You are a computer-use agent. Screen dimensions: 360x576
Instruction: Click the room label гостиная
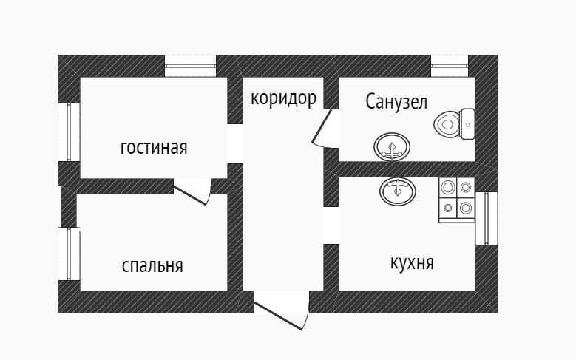click(154, 148)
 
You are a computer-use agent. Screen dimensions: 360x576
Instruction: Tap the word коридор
click(283, 98)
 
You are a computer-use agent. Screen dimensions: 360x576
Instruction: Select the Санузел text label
click(396, 103)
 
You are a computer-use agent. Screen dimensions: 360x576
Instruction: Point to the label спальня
click(152, 265)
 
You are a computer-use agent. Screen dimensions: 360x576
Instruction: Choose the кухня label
click(411, 262)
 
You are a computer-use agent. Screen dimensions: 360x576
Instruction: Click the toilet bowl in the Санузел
click(447, 124)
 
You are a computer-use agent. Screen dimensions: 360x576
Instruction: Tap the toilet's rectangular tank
click(467, 124)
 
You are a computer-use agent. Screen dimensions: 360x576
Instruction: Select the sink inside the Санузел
click(390, 147)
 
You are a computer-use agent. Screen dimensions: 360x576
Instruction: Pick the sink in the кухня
click(398, 191)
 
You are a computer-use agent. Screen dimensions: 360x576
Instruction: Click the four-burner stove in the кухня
click(456, 200)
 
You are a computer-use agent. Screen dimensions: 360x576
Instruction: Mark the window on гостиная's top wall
click(190, 67)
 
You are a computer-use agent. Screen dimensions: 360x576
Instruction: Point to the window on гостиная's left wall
click(69, 132)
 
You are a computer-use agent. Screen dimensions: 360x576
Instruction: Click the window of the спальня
click(69, 254)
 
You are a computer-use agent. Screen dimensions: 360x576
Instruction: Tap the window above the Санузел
click(450, 67)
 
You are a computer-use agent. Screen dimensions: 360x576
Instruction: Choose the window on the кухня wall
click(486, 218)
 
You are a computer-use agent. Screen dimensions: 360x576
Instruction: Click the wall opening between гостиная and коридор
click(235, 143)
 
